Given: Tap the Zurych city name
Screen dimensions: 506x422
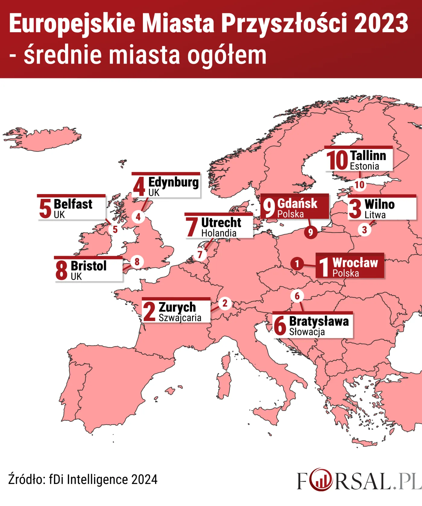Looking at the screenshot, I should click(177, 307).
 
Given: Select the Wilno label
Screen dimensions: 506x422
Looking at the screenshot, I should click(382, 208).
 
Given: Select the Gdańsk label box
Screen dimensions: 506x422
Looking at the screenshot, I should click(294, 207).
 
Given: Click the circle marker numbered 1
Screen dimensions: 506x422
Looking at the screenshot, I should click(297, 263).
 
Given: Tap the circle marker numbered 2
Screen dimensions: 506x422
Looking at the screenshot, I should click(225, 303).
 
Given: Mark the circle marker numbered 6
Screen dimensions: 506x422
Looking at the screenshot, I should click(297, 296).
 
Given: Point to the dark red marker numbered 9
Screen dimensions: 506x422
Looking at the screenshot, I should click(310, 232).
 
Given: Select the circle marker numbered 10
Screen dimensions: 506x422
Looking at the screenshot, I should click(359, 185).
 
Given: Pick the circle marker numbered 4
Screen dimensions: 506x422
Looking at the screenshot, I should click(138, 217).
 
